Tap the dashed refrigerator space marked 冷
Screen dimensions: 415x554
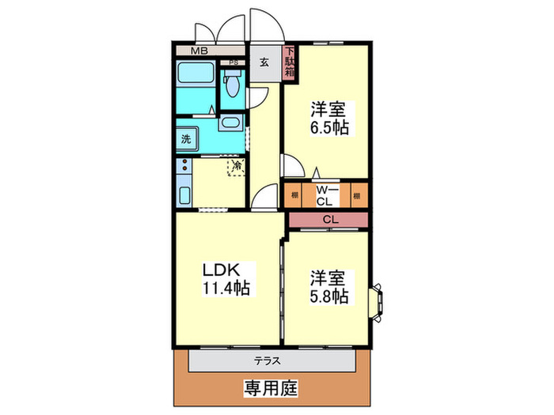236,167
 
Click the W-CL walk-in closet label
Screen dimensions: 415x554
325,194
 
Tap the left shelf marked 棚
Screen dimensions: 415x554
294,194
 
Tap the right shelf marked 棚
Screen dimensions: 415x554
358,194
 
